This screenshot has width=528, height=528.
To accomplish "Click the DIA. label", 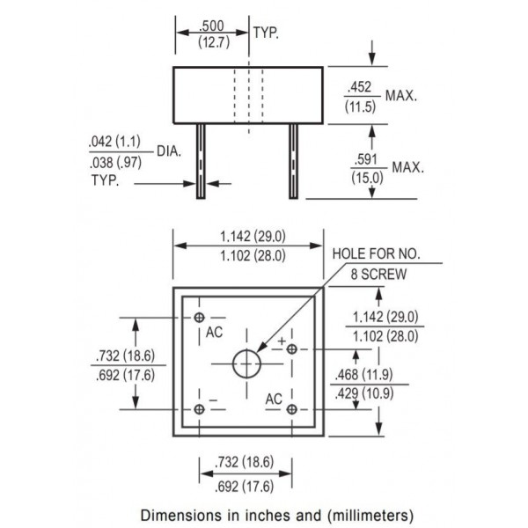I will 169,150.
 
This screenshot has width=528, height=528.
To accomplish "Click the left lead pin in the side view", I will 202,159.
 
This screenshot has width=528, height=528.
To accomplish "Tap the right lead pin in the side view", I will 293,159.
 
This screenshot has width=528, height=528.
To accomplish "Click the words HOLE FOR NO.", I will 377,254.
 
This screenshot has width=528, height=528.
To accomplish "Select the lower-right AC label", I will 274,399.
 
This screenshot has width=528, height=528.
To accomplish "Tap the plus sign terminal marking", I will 282,340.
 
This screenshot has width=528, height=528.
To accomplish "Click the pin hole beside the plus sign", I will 292,350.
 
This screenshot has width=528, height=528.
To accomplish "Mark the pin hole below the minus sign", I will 202,408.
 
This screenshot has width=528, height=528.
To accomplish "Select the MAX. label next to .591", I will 407,167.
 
